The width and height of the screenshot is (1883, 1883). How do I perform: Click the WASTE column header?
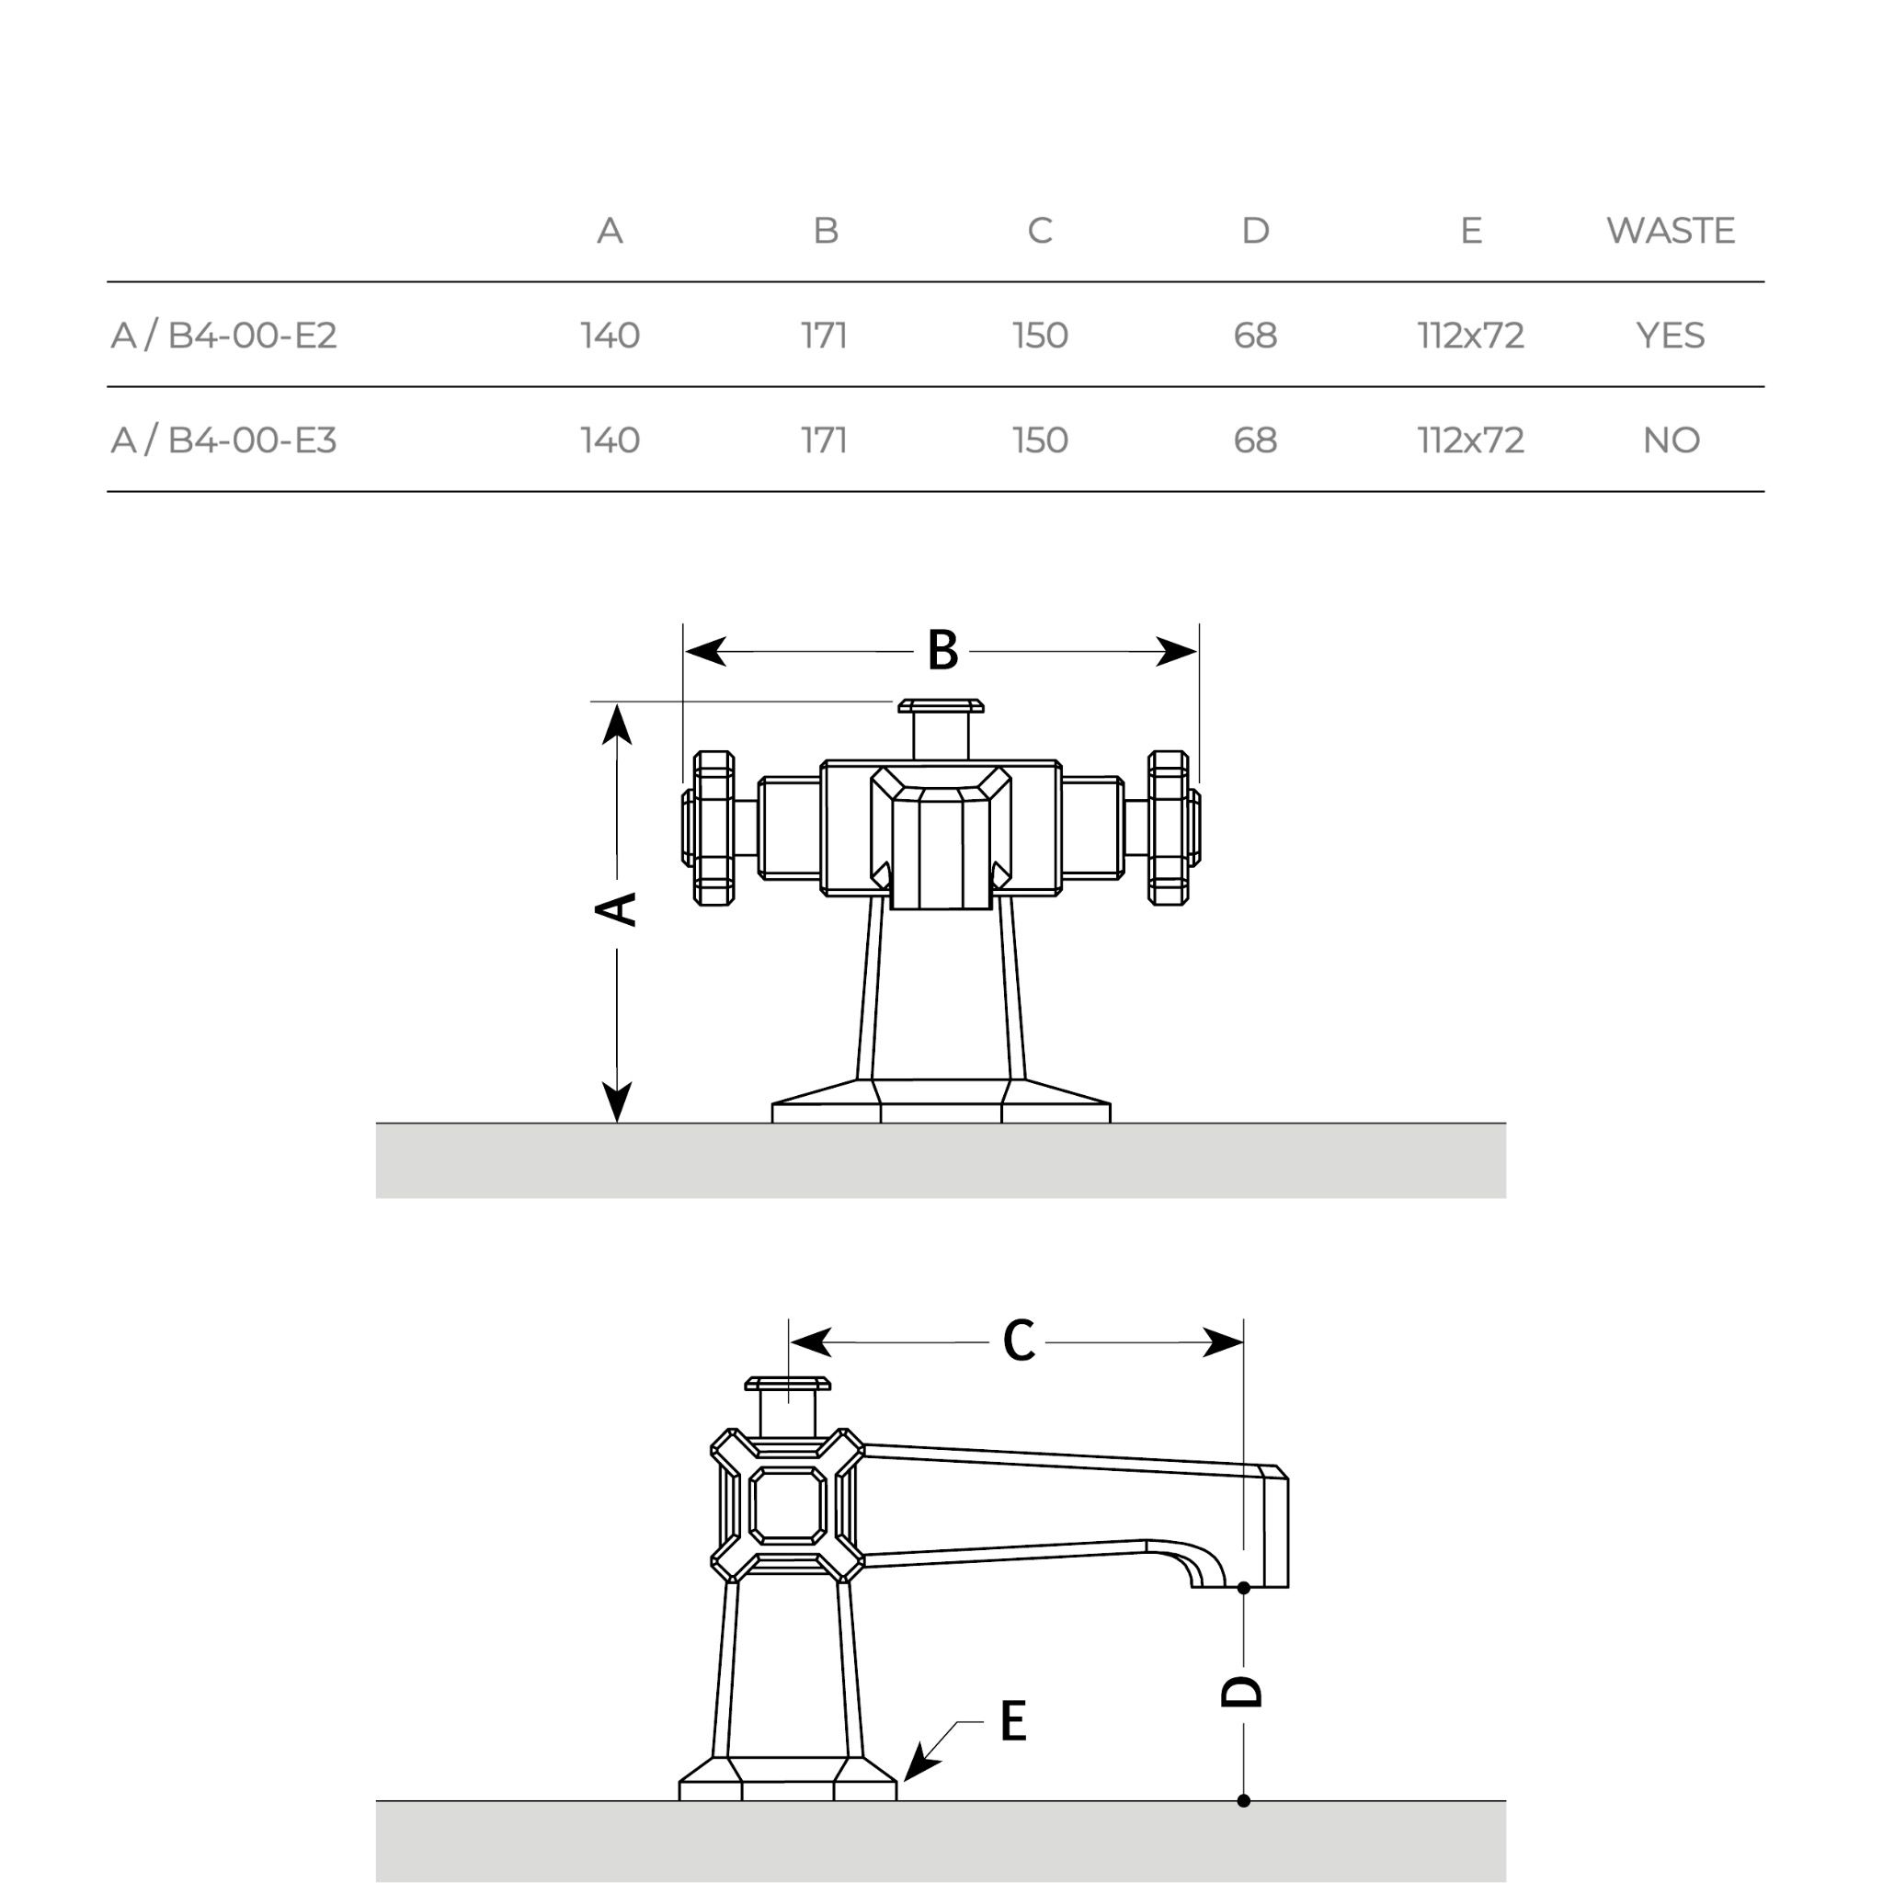[1670, 231]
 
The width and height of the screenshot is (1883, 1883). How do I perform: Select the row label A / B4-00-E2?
[224, 336]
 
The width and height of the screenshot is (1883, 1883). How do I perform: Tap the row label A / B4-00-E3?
[224, 440]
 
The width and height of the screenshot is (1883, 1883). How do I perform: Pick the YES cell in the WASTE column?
[1670, 336]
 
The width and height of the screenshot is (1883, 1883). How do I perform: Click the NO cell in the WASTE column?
[1671, 440]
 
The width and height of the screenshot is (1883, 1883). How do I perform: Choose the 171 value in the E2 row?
[825, 336]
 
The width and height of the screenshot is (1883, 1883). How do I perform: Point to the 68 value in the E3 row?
[1254, 440]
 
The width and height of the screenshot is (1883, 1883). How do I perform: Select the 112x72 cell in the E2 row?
[1470, 336]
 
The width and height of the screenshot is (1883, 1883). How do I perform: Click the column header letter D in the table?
[1254, 231]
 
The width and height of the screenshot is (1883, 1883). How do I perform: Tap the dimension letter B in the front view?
[941, 650]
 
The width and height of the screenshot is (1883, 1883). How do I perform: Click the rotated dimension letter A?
[616, 908]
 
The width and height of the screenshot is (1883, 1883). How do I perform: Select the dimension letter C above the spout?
[1019, 1341]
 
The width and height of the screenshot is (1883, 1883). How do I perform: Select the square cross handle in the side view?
[788, 1505]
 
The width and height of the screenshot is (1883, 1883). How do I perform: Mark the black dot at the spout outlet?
[1243, 1588]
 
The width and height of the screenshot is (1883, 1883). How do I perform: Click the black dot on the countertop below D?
[1243, 1800]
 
